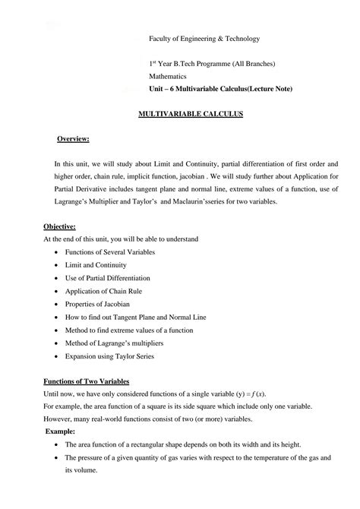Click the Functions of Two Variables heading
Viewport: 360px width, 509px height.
pos(86,381)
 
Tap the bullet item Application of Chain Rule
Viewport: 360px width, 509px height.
pos(104,290)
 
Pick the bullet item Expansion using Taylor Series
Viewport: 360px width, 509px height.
pos(109,354)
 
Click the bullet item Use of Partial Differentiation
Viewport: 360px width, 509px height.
pos(108,277)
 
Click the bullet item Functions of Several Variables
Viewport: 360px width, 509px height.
pos(109,251)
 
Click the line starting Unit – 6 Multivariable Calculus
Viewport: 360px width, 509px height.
pos(220,90)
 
